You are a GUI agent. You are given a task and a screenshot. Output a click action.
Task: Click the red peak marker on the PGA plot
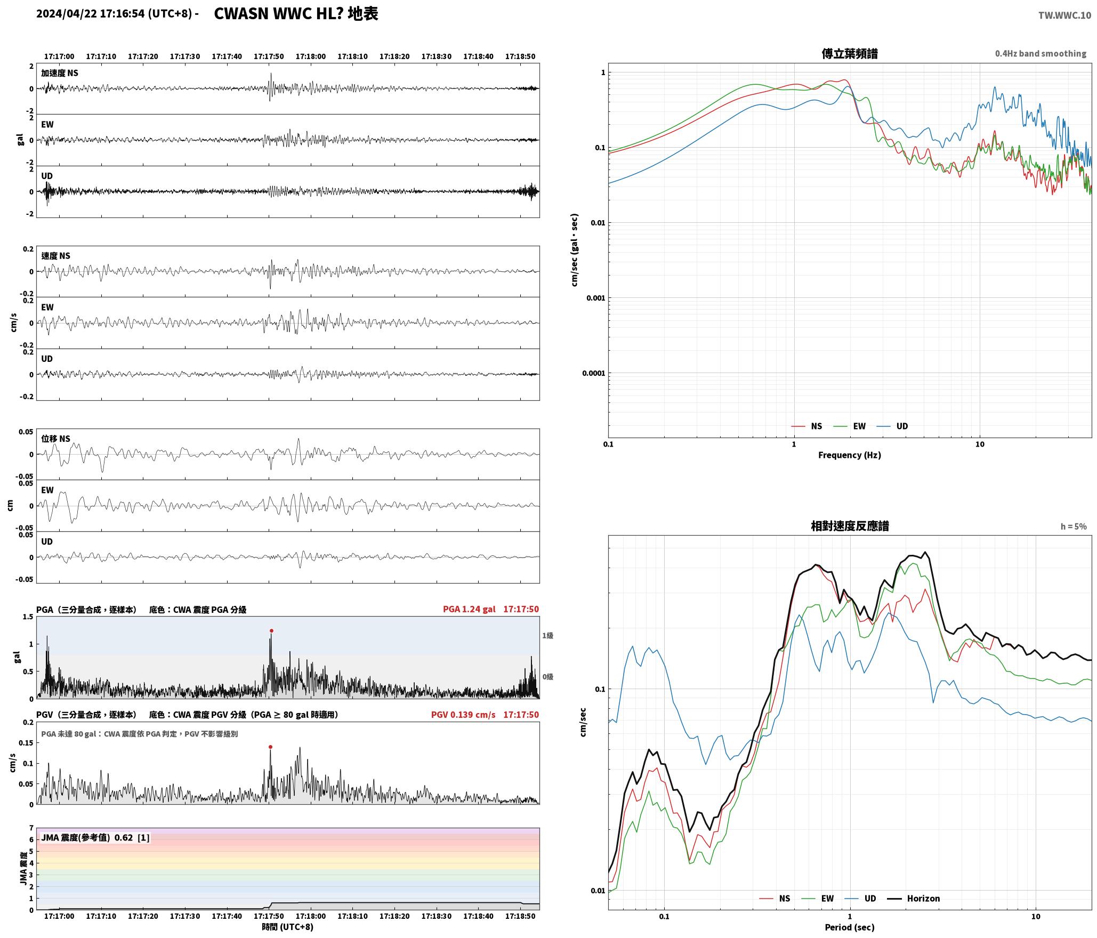point(271,630)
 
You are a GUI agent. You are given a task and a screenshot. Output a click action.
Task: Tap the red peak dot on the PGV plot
point(270,747)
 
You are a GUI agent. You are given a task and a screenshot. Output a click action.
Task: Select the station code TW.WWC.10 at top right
point(1064,15)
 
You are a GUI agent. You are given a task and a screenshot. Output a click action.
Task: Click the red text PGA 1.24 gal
point(469,609)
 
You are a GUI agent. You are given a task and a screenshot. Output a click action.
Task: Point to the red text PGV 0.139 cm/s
point(463,714)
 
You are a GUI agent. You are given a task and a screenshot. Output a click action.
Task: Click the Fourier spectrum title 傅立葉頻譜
point(850,53)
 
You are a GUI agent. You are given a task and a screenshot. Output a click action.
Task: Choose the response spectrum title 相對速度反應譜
point(850,525)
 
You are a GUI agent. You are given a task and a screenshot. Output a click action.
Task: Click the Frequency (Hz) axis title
point(850,455)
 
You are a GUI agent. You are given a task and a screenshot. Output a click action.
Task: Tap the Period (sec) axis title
point(850,927)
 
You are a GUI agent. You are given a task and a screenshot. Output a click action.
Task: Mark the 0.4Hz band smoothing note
point(1040,53)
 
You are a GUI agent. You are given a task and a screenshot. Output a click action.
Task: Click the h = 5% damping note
point(1074,526)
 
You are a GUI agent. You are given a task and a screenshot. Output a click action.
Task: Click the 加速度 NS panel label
point(60,73)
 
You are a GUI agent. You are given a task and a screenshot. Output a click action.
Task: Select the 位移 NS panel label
point(56,439)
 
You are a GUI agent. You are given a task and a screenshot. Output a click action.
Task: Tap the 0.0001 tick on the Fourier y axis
point(594,373)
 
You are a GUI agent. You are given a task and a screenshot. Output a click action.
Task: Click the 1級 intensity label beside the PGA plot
point(547,635)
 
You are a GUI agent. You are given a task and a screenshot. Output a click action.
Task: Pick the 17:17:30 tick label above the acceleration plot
point(185,56)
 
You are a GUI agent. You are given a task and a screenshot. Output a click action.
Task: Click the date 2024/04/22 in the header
point(67,14)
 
